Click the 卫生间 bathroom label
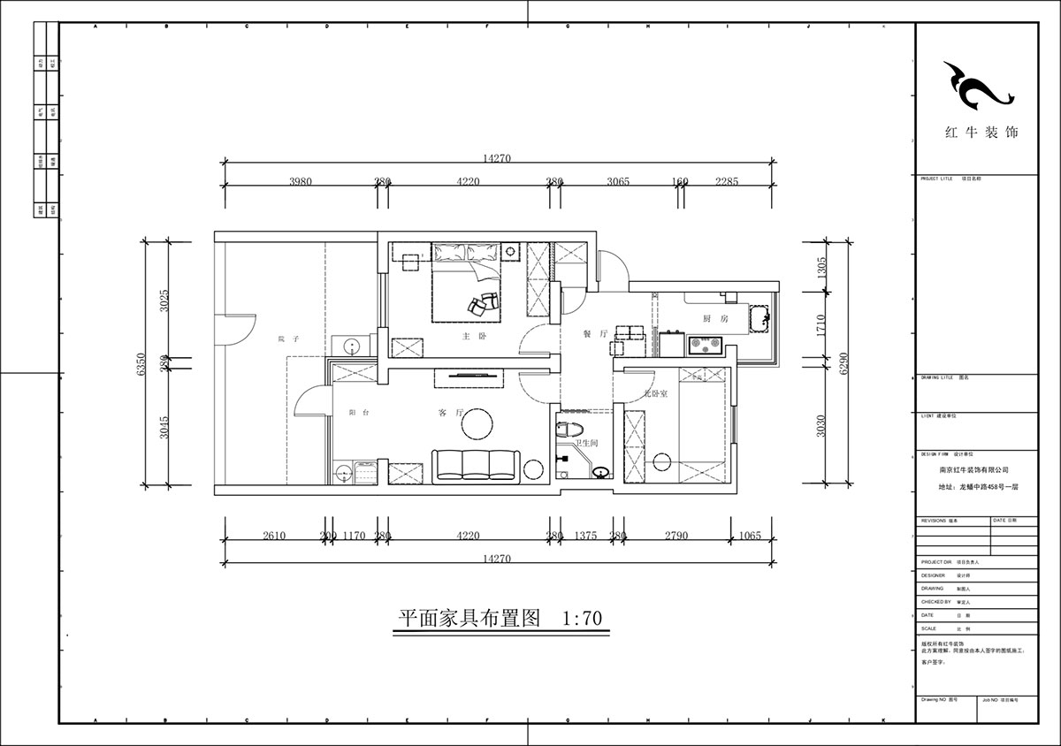coord(588,444)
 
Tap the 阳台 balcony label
coord(358,413)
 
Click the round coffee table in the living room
coord(479,423)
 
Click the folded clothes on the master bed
coord(483,301)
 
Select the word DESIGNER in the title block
coord(933,575)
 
